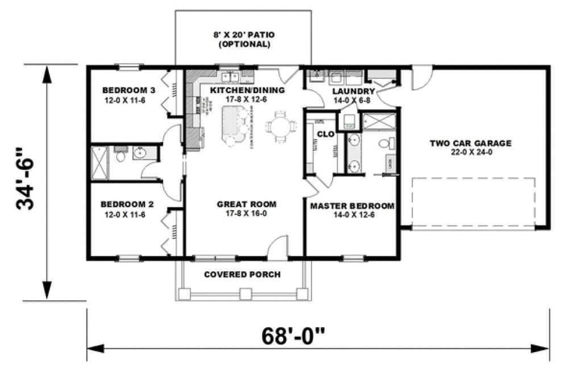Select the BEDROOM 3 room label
click(129, 90)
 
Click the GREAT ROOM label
click(246, 204)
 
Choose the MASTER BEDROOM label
click(352, 206)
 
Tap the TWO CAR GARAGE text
click(470, 143)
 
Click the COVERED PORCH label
click(242, 275)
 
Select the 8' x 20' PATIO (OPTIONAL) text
click(243, 39)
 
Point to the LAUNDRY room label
click(353, 91)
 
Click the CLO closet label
click(325, 134)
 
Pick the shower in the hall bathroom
click(100, 162)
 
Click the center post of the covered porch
click(245, 294)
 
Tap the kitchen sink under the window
click(230, 77)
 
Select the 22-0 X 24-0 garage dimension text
click(470, 153)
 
